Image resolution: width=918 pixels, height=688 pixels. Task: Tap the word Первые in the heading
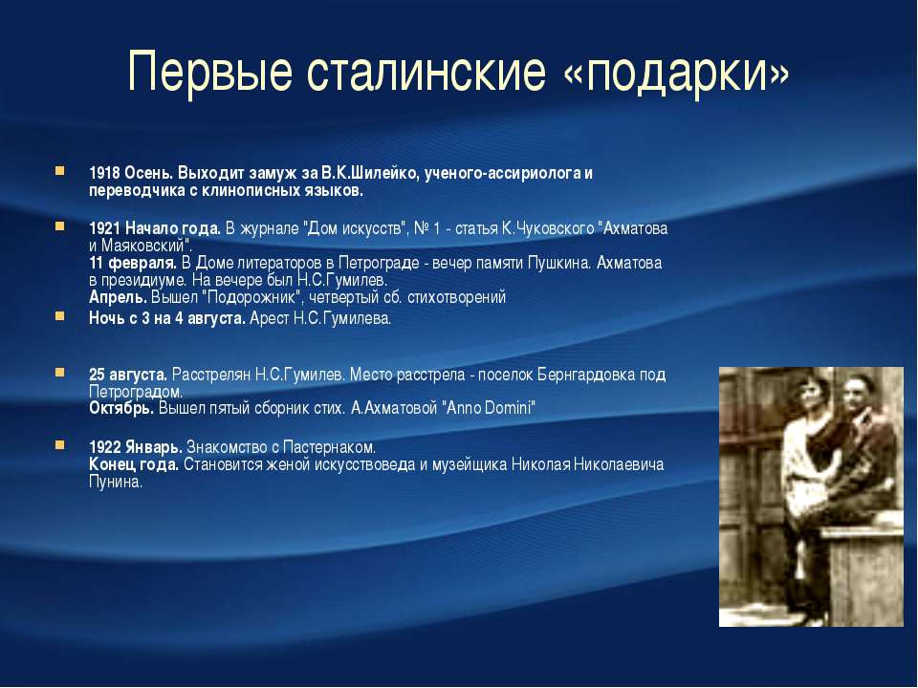tap(209, 72)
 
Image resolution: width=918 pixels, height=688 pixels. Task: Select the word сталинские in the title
tap(426, 71)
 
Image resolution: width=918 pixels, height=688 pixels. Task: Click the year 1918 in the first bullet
tap(105, 173)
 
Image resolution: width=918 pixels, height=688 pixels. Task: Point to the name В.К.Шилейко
tap(370, 173)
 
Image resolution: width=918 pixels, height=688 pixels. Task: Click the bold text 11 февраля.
tap(133, 263)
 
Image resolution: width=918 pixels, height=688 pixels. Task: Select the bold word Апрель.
tap(118, 297)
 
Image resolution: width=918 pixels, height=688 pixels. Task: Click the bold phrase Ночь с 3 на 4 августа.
tap(167, 318)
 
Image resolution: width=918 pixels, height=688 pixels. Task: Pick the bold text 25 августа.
tap(128, 374)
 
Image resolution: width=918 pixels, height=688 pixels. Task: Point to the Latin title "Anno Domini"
tap(491, 407)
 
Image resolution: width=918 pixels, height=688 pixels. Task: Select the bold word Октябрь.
tap(121, 408)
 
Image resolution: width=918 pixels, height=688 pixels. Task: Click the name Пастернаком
tap(329, 447)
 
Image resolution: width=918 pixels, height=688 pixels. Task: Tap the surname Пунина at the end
tap(116, 482)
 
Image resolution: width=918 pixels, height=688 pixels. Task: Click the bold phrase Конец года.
tap(134, 464)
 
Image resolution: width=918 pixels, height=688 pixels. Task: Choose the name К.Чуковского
tap(547, 228)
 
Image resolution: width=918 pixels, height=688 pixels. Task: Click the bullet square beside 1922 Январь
tap(59, 445)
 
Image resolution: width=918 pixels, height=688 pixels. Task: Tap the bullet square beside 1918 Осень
tap(59, 171)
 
